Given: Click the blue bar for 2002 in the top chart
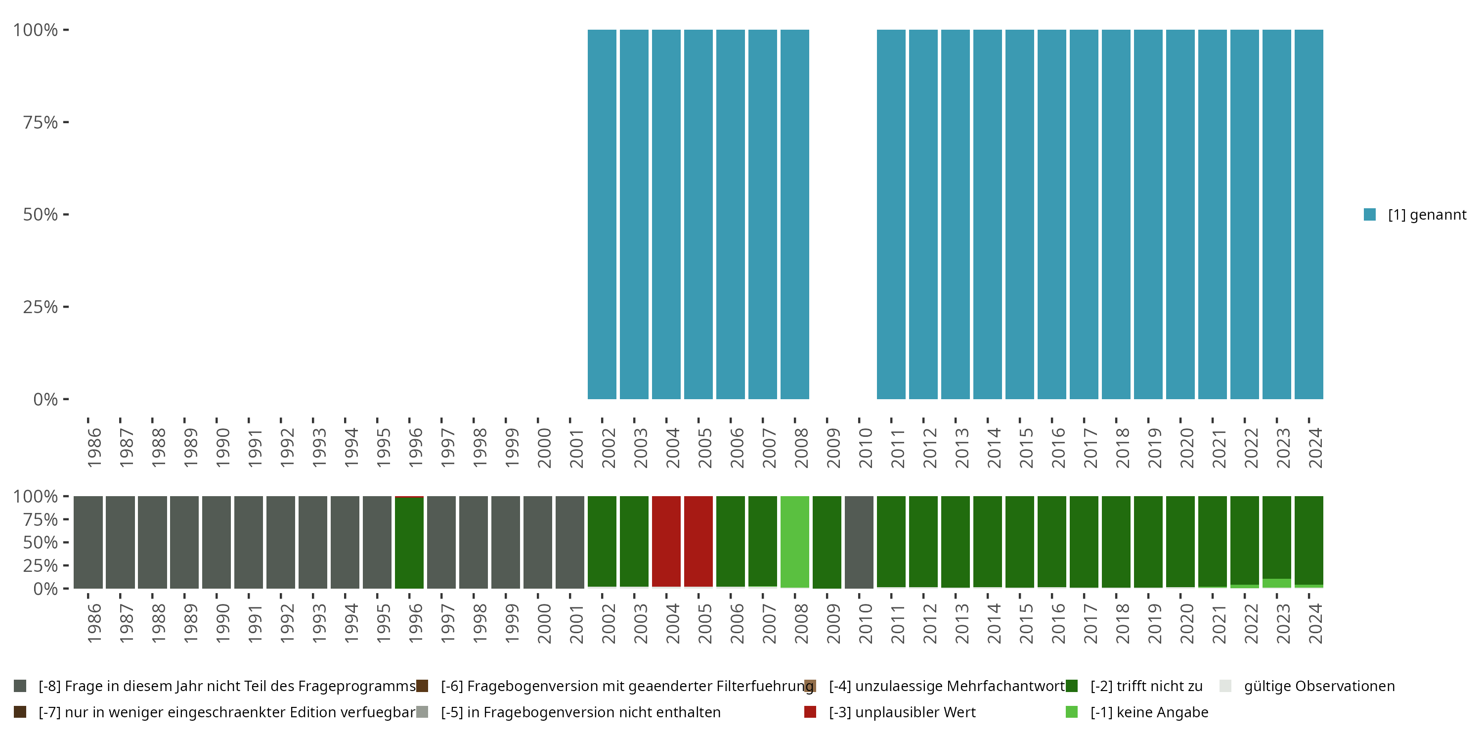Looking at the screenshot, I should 602,214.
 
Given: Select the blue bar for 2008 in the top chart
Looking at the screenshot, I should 794,214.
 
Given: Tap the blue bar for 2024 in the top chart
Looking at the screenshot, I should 1309,214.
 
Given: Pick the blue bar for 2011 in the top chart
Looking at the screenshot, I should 891,214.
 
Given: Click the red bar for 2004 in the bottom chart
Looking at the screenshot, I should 666,542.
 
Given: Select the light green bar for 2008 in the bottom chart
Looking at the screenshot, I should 794,542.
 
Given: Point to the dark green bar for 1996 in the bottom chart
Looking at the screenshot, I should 409,543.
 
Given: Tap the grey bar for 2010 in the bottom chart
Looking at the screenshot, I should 859,542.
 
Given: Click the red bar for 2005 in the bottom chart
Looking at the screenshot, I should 698,542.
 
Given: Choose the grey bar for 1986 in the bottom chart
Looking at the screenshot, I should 88,542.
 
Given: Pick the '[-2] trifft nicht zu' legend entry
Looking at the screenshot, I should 1146,686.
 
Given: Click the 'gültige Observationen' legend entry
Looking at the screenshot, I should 1319,686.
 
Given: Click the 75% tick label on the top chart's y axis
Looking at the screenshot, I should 41,122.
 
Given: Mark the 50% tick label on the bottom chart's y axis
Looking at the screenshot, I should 41,542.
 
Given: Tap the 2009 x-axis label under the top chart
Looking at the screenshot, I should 833,448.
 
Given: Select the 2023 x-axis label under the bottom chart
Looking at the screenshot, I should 1283,623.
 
